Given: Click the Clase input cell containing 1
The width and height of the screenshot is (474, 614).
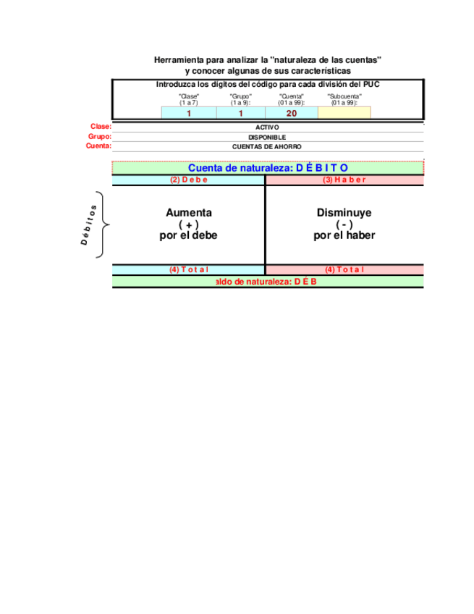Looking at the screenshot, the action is click(x=189, y=113).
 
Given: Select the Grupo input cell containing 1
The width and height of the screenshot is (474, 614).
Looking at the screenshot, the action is click(x=240, y=113).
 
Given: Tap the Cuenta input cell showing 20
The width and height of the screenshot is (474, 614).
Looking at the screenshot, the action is click(x=292, y=113).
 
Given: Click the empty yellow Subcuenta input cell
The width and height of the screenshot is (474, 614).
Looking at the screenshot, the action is click(x=344, y=113).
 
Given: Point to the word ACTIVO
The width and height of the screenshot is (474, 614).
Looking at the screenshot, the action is click(x=268, y=127).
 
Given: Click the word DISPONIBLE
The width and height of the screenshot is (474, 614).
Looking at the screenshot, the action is click(x=268, y=137).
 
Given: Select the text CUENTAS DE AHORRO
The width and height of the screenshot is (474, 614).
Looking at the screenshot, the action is click(x=268, y=146).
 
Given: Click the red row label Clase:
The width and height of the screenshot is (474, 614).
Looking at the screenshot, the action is click(x=101, y=127).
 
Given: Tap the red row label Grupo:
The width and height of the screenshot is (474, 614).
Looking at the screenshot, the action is click(x=100, y=137).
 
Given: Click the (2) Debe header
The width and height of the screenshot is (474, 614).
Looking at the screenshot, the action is click(x=188, y=180).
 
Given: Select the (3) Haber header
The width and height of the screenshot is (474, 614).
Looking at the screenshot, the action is click(x=344, y=180).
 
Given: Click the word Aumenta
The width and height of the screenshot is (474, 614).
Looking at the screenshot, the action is click(x=189, y=213).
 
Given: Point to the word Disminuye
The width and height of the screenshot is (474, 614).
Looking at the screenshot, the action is click(x=344, y=213).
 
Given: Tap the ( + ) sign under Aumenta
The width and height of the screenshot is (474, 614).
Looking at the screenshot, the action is click(x=189, y=224).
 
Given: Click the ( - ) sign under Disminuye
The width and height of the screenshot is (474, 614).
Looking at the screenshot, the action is click(x=344, y=224).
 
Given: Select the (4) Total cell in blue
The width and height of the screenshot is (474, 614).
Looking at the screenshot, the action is click(x=188, y=269).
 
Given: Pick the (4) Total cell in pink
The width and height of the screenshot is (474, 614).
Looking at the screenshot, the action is click(x=344, y=269).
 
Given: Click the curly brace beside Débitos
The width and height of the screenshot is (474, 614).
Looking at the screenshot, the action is click(x=107, y=224).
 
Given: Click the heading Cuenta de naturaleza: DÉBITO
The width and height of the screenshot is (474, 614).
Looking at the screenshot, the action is click(x=268, y=168).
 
